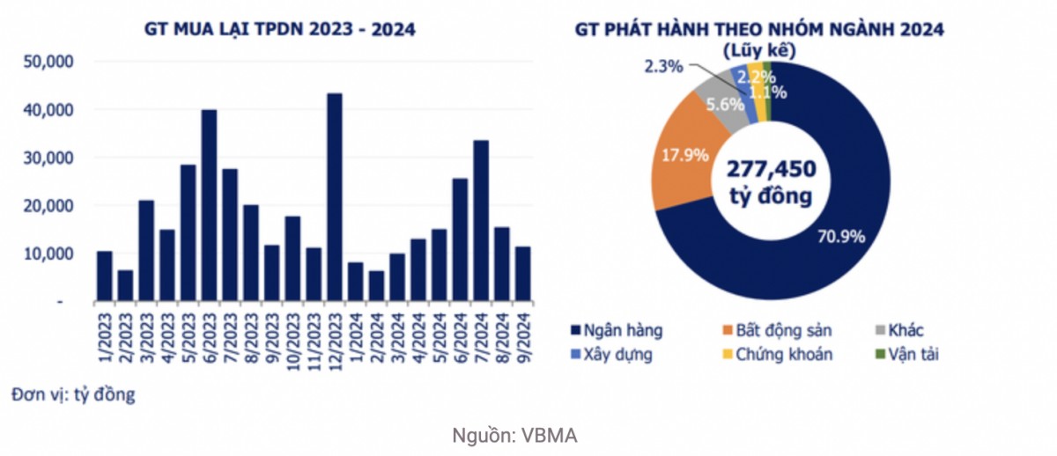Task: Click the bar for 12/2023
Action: click(335, 197)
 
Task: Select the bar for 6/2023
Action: click(209, 206)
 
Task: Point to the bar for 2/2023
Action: click(125, 286)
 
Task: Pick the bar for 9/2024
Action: click(522, 275)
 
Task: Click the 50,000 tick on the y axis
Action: click(51, 63)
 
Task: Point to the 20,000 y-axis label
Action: click(51, 206)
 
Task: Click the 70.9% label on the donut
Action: click(841, 236)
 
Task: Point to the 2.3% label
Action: click(662, 66)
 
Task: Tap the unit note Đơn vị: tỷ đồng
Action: click(74, 394)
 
